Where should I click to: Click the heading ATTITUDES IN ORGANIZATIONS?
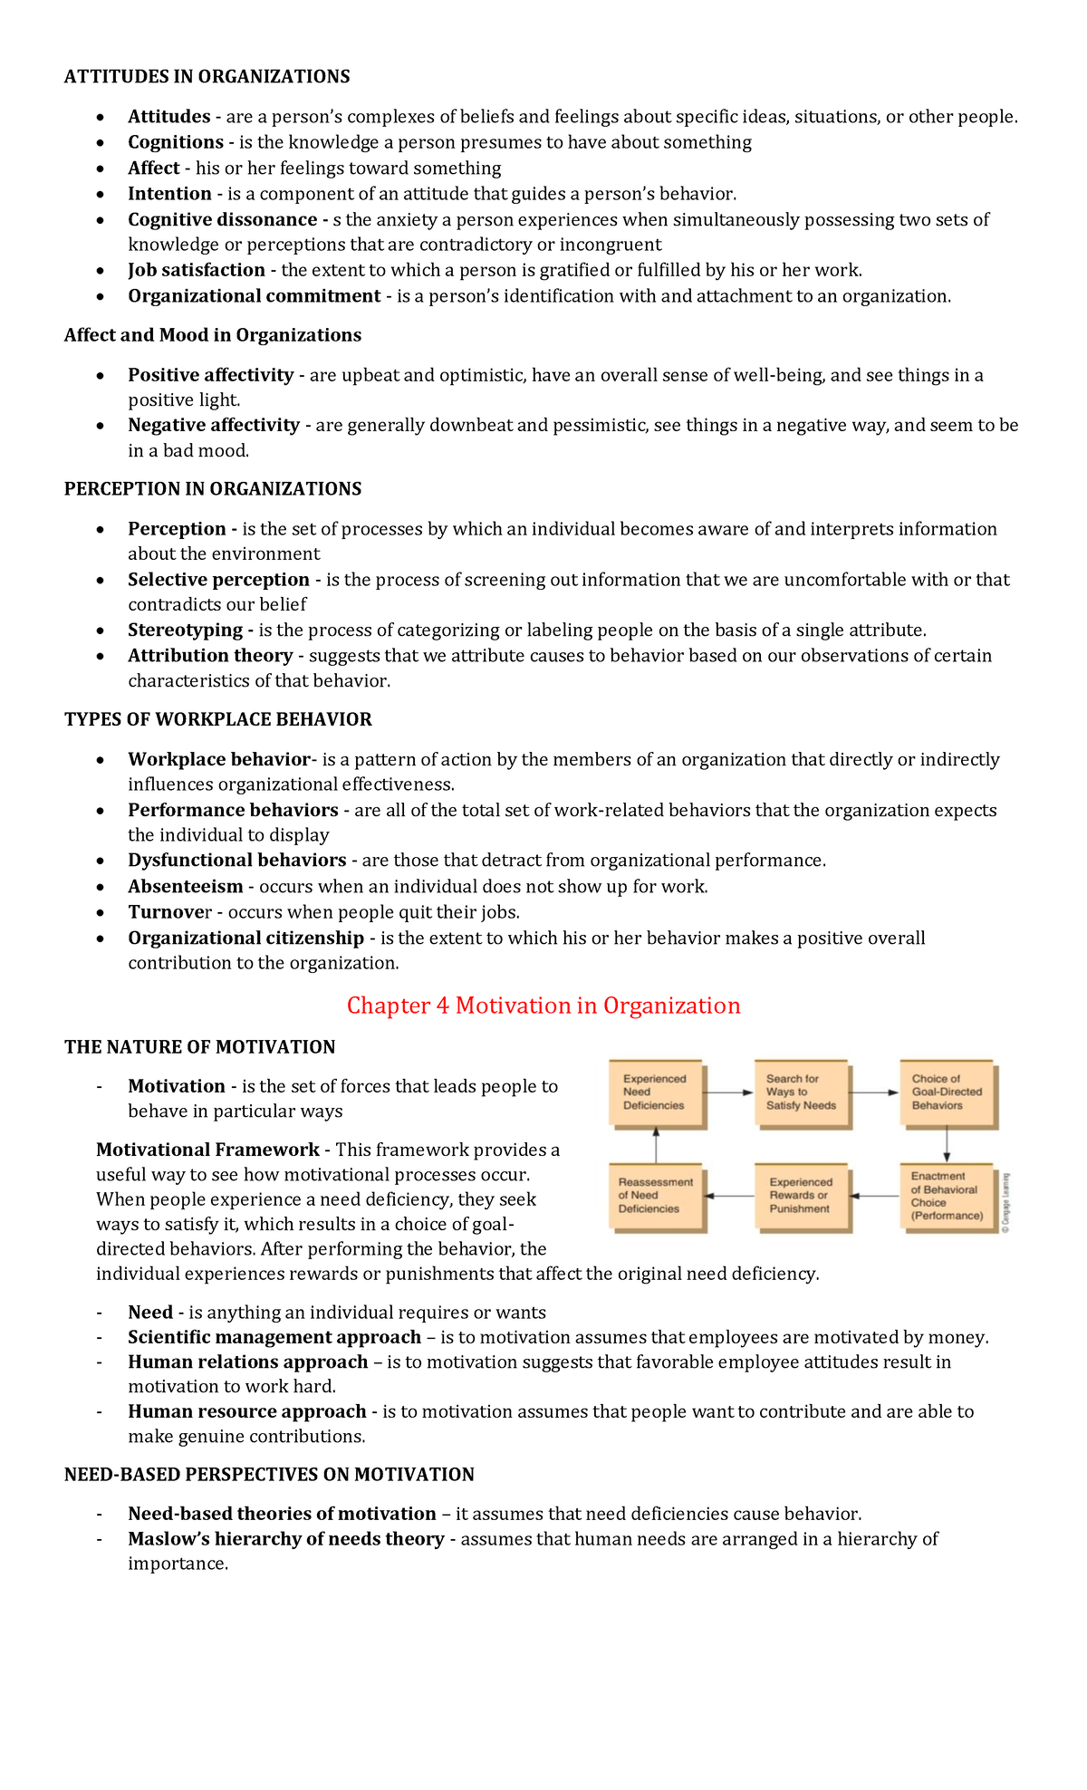(207, 77)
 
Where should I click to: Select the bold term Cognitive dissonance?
(222, 220)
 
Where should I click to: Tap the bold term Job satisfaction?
(196, 270)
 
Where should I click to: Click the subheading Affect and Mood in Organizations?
(212, 335)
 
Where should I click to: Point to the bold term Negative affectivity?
(213, 425)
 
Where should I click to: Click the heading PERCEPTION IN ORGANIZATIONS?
(212, 489)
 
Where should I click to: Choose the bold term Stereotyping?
(185, 630)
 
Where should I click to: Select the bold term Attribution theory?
(210, 656)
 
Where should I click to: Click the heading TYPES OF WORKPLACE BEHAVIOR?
(217, 719)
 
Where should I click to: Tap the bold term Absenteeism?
(185, 887)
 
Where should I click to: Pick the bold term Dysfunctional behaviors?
(236, 861)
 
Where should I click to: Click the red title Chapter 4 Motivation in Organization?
(543, 1006)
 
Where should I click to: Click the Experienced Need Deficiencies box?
(656, 1093)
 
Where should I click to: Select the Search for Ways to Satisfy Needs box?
(801, 1093)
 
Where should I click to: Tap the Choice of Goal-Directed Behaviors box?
(947, 1093)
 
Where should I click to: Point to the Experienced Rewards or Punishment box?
(801, 1196)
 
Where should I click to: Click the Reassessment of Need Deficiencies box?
(656, 1196)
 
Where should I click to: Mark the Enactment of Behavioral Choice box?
(947, 1196)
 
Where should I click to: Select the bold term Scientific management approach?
(274, 1338)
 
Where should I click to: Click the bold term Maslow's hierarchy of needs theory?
(285, 1539)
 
